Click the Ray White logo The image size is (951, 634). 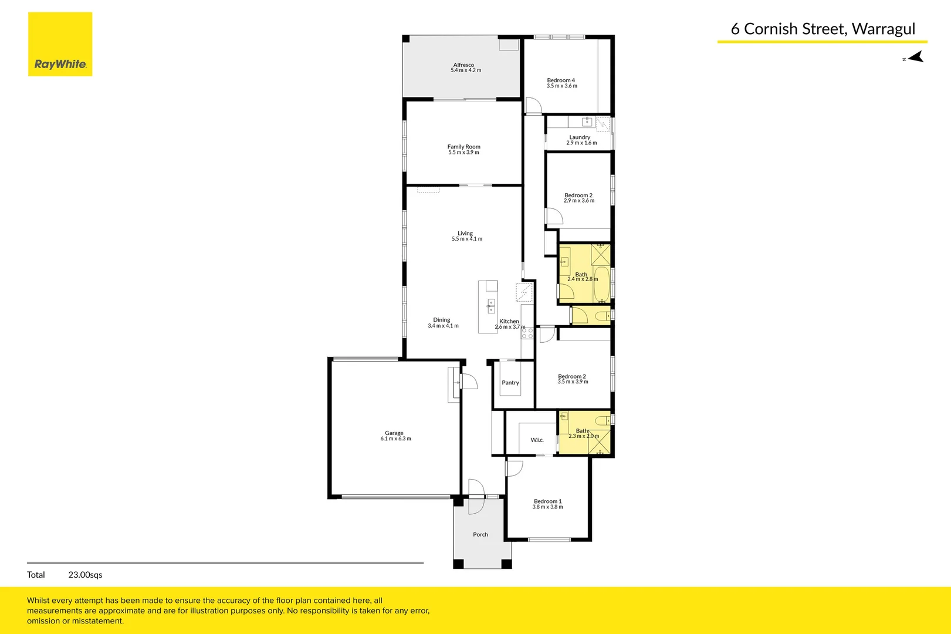click(x=60, y=45)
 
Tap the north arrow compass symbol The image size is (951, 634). click(x=914, y=57)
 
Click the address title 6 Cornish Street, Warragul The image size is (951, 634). click(x=823, y=29)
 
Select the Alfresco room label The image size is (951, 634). click(x=463, y=65)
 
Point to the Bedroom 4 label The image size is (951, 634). click(x=561, y=80)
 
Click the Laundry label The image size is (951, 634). click(x=580, y=137)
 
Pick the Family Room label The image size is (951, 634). click(x=463, y=147)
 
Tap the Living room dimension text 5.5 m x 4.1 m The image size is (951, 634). click(x=467, y=239)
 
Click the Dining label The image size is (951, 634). click(x=442, y=320)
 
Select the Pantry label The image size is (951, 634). click(x=510, y=383)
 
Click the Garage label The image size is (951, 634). click(x=394, y=433)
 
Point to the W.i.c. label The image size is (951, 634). click(x=537, y=440)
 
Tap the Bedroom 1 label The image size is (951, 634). click(x=547, y=501)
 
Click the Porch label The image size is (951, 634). click(x=480, y=535)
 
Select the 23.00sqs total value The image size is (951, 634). click(x=85, y=575)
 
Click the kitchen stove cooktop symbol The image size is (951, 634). click(x=527, y=333)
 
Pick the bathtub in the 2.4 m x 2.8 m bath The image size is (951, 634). click(x=602, y=284)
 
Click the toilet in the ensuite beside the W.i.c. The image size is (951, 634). click(x=603, y=420)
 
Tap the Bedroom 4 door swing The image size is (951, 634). click(x=533, y=106)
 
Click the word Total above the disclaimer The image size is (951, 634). click(x=36, y=575)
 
